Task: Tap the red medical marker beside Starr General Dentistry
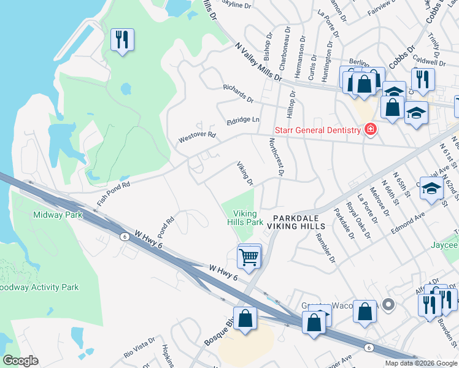pos(370,129)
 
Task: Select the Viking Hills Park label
pos(248,218)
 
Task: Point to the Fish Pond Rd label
pos(114,193)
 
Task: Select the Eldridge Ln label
pos(243,120)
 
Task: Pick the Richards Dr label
pos(238,93)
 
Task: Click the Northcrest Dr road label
pos(275,158)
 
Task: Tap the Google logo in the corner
pos(21,361)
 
